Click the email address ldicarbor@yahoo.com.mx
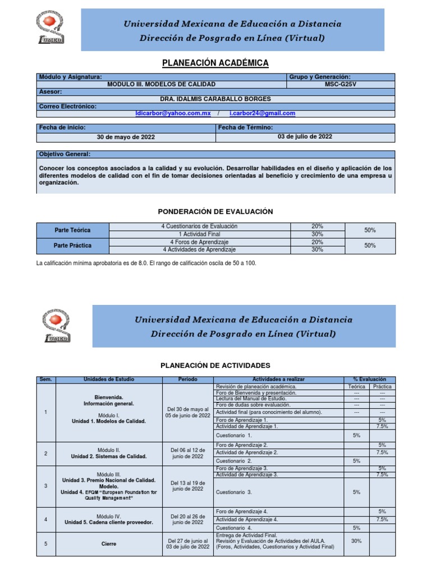pos(173,113)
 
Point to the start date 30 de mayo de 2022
pos(126,136)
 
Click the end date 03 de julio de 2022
pos(305,136)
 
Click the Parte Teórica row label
pos(72,230)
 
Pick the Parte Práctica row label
pos(72,245)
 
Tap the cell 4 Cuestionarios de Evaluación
pos(199,226)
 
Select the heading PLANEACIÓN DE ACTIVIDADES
pos(215,365)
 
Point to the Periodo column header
pos(187,380)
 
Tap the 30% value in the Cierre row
pos(356,541)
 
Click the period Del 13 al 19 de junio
pos(187,486)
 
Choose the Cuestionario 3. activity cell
pos(234,492)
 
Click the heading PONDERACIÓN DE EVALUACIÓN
pos(215,211)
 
